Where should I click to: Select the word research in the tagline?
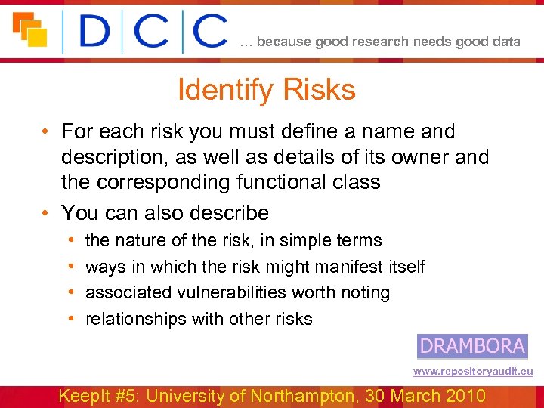click(x=382, y=42)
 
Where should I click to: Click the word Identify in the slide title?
click(x=224, y=90)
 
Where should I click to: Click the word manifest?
click(x=335, y=267)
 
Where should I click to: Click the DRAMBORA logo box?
click(x=472, y=346)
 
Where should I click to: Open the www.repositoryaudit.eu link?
click(x=473, y=372)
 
